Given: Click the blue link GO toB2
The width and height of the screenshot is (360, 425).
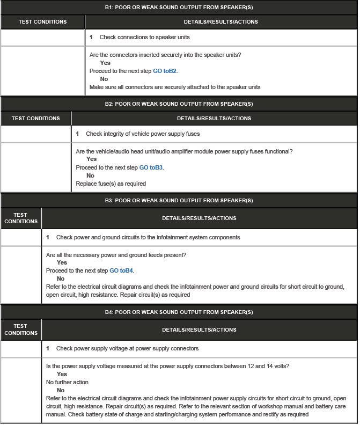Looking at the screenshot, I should click(x=165, y=71).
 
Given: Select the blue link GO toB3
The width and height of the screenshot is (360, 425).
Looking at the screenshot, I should click(x=151, y=167).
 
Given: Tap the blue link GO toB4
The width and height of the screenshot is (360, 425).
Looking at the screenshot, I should click(x=121, y=271).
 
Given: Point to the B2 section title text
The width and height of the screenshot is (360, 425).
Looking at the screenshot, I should click(x=179, y=104).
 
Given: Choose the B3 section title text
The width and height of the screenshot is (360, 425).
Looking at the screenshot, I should click(x=179, y=201).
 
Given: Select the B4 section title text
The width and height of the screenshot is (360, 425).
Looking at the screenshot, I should click(x=179, y=312).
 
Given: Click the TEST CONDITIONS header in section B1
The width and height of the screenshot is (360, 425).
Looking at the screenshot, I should click(x=42, y=22).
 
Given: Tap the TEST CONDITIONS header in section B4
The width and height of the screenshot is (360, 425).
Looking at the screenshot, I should click(x=20, y=329).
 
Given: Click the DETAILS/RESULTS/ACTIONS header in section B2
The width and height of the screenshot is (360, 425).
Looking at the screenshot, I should click(x=214, y=118).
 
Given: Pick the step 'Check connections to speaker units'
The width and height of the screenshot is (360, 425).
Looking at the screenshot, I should click(x=144, y=38).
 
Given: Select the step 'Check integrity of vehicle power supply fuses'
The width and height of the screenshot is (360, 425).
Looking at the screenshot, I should click(x=142, y=134).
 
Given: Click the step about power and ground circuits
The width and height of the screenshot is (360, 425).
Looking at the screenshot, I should click(x=148, y=237).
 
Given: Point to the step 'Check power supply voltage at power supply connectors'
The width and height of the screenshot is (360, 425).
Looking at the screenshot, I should click(x=127, y=348).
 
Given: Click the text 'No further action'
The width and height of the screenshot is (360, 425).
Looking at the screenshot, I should click(x=67, y=382).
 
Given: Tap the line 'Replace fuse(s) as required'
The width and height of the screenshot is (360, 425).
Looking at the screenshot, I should click(x=111, y=184).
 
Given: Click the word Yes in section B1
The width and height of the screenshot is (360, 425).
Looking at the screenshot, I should click(x=105, y=63).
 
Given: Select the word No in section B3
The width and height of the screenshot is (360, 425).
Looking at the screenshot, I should click(x=60, y=279).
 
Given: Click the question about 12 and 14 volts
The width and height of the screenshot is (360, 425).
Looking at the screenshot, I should click(x=168, y=366).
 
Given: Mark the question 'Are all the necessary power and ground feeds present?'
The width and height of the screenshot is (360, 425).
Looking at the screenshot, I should click(x=120, y=254).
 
